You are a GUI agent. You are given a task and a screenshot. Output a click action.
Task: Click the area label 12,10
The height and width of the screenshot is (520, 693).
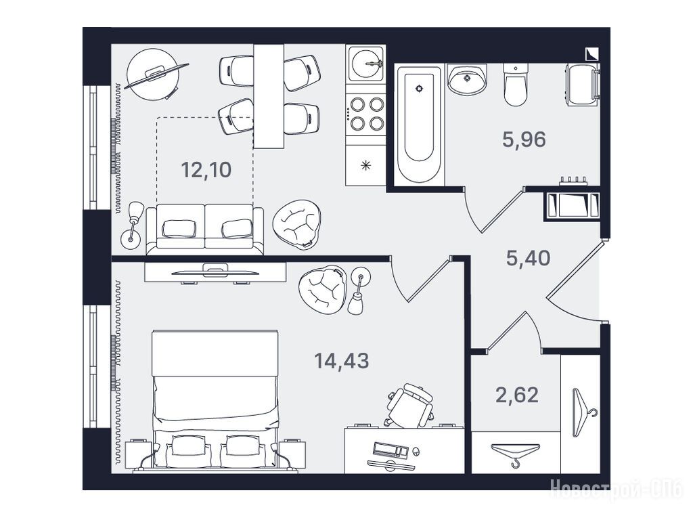click(206, 170)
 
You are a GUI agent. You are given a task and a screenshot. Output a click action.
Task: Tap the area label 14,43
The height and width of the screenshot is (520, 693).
click(341, 361)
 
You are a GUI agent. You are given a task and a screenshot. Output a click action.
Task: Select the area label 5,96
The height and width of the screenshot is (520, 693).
click(524, 139)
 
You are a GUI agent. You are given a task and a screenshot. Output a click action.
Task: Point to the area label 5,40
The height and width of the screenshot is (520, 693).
click(528, 258)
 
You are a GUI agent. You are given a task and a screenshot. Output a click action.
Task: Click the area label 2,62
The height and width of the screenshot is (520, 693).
click(517, 395)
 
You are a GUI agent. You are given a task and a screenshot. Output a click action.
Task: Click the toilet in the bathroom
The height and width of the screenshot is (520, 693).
click(515, 85)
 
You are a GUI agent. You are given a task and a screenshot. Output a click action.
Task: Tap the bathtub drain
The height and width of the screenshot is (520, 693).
click(420, 88)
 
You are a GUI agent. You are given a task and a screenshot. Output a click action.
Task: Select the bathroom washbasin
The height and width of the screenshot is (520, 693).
click(467, 79)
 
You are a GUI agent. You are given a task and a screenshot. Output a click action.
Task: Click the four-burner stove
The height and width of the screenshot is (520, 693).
click(365, 114)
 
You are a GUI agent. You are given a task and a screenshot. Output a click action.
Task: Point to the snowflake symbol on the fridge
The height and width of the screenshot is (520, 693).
click(365, 166)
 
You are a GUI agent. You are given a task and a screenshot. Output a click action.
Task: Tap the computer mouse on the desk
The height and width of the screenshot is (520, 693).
click(415, 452)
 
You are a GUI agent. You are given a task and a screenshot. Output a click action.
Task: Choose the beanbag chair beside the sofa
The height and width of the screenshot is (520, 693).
click(296, 222)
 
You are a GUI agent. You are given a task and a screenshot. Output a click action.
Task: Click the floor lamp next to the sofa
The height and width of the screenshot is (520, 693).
click(133, 225)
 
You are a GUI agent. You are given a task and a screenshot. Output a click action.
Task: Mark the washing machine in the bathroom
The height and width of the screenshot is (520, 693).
click(581, 84)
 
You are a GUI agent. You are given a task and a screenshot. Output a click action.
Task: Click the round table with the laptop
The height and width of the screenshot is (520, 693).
click(152, 74)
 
